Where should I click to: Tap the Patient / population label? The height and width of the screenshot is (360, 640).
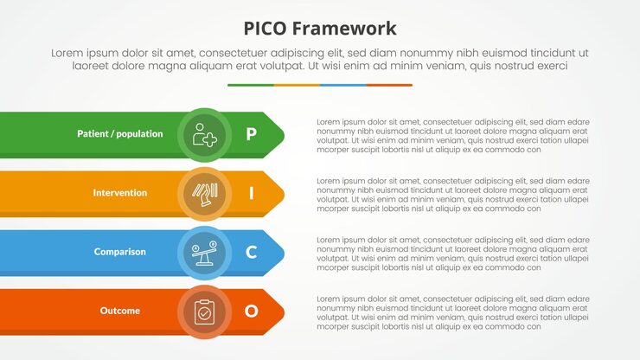119,134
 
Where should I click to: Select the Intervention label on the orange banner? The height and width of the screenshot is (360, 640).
120,193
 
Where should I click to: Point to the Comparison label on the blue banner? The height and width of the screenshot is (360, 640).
120,252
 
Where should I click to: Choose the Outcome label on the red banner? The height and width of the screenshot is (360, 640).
120,311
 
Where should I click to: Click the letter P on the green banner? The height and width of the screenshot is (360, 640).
251,134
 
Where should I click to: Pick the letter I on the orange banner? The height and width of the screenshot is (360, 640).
251,193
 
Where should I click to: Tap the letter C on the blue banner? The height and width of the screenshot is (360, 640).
251,252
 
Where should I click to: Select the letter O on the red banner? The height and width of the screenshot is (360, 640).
251,311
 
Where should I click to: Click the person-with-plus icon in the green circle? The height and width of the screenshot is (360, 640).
204,134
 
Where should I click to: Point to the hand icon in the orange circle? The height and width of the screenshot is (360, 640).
204,193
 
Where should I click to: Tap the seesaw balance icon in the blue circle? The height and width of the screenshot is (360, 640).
204,252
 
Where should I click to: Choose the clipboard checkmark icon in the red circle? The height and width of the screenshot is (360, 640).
204,311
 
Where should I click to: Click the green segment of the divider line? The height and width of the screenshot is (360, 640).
251,85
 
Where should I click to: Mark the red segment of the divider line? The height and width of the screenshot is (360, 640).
389,85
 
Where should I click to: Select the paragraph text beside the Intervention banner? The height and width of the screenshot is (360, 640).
452,195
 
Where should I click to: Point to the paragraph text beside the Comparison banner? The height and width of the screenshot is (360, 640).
452,254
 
